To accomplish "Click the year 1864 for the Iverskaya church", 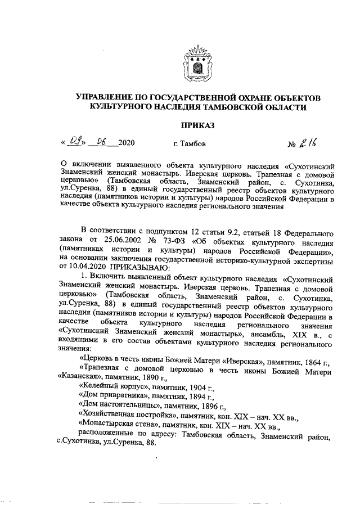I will pos(312,360).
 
